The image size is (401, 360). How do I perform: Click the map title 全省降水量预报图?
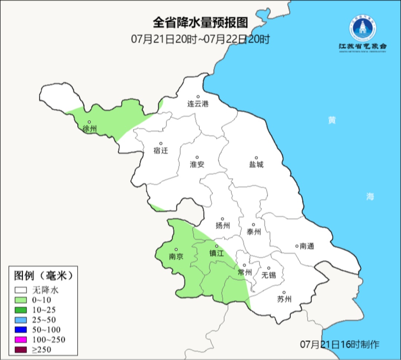point(200,23)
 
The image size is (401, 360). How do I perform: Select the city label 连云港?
point(198,104)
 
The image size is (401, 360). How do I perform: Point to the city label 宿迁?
point(161,150)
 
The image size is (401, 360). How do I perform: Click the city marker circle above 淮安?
point(197,157)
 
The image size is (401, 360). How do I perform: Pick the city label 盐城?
point(256,164)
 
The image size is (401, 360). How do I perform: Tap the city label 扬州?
point(222,226)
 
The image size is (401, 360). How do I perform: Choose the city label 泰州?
point(254,231)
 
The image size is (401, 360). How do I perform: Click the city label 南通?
point(307,246)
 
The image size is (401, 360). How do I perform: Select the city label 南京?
point(176,256)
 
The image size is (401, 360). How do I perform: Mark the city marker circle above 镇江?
point(216,246)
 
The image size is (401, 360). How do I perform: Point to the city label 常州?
point(245,272)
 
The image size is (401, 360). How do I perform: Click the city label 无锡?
point(269,275)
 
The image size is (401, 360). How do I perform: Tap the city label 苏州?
point(284,299)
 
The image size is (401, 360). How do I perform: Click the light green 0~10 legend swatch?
point(21,300)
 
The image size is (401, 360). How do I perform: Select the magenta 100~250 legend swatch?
point(21,339)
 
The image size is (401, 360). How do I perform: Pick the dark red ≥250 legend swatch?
point(21,349)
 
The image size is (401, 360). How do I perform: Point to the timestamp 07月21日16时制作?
point(340,344)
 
